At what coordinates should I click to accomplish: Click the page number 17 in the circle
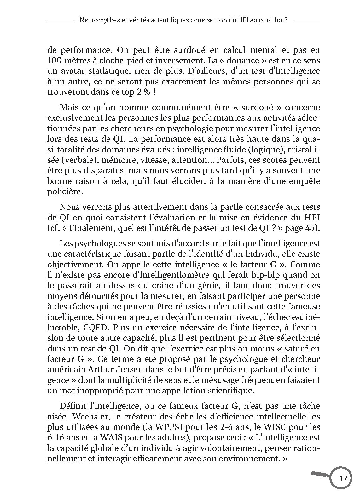click(x=343, y=479)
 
